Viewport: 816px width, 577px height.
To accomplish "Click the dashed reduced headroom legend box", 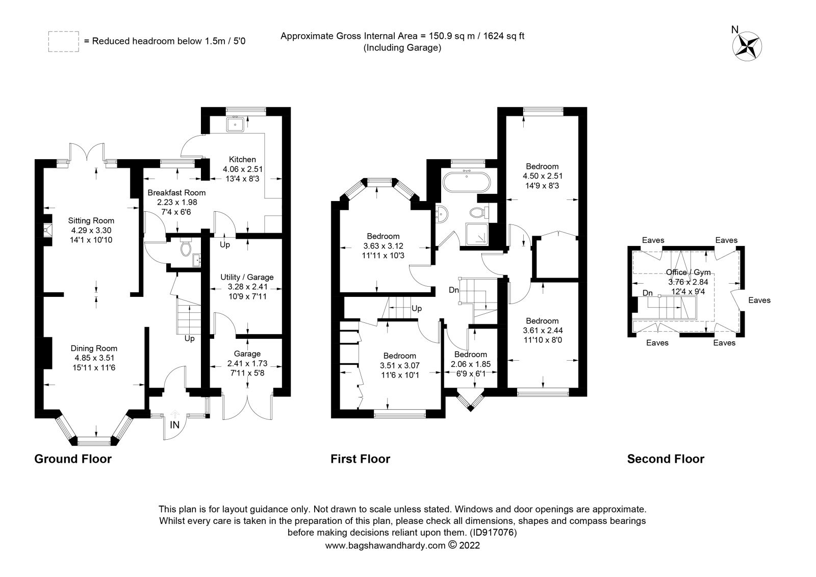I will pos(63,41).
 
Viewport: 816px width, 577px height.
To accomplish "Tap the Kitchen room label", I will pos(242,160).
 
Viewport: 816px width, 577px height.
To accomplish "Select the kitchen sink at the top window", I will pos(236,123).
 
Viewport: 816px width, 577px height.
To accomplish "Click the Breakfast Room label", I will pos(176,193).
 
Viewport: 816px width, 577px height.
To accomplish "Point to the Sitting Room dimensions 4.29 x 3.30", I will pos(91,230).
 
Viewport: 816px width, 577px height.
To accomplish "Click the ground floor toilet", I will pos(186,248).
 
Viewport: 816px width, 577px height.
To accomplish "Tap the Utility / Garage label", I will pos(247,277).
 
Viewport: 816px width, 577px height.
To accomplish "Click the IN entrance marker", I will pos(174,425).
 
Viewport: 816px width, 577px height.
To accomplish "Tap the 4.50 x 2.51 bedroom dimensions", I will pos(542,176).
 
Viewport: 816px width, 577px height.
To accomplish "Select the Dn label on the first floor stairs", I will pos(454,290).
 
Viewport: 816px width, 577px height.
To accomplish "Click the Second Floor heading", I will pos(665,459).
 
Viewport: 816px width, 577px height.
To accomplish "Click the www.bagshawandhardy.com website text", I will pos(385,545).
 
